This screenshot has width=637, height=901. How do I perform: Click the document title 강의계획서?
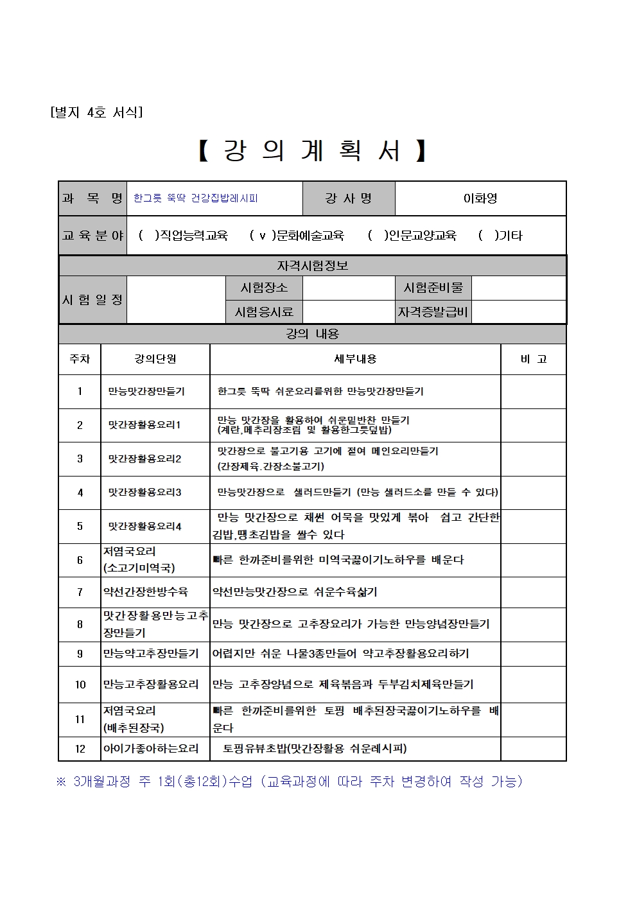pyautogui.click(x=312, y=151)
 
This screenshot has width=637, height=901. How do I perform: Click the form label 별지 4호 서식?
pyautogui.click(x=96, y=112)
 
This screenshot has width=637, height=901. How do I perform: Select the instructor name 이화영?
pyautogui.click(x=480, y=198)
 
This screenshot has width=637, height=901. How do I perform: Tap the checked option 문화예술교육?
pyautogui.click(x=297, y=236)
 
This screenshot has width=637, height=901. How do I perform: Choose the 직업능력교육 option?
pyautogui.click(x=184, y=236)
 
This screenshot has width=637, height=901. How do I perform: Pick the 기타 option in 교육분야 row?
pyautogui.click(x=501, y=236)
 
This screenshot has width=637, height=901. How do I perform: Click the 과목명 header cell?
pyautogui.click(x=92, y=198)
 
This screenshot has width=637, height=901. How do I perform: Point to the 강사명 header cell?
pyautogui.click(x=349, y=198)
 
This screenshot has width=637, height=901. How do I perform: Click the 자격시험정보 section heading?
pyautogui.click(x=312, y=265)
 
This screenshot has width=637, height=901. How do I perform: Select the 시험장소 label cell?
pyautogui.click(x=264, y=288)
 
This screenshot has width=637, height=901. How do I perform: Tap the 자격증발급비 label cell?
pyautogui.click(x=433, y=312)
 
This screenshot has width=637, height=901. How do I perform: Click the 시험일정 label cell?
pyautogui.click(x=92, y=300)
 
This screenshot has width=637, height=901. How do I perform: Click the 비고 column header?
pyautogui.click(x=533, y=359)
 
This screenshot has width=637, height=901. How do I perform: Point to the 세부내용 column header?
pyautogui.click(x=355, y=359)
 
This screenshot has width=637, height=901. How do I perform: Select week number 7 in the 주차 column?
pyautogui.click(x=80, y=592)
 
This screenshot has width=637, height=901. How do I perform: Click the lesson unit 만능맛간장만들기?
pyautogui.click(x=146, y=391)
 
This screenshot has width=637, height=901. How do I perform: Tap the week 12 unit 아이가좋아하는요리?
pyautogui.click(x=151, y=748)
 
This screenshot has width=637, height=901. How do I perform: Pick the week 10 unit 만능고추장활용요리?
pyautogui.click(x=151, y=685)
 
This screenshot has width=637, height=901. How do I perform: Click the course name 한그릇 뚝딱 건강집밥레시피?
pyautogui.click(x=196, y=198)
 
